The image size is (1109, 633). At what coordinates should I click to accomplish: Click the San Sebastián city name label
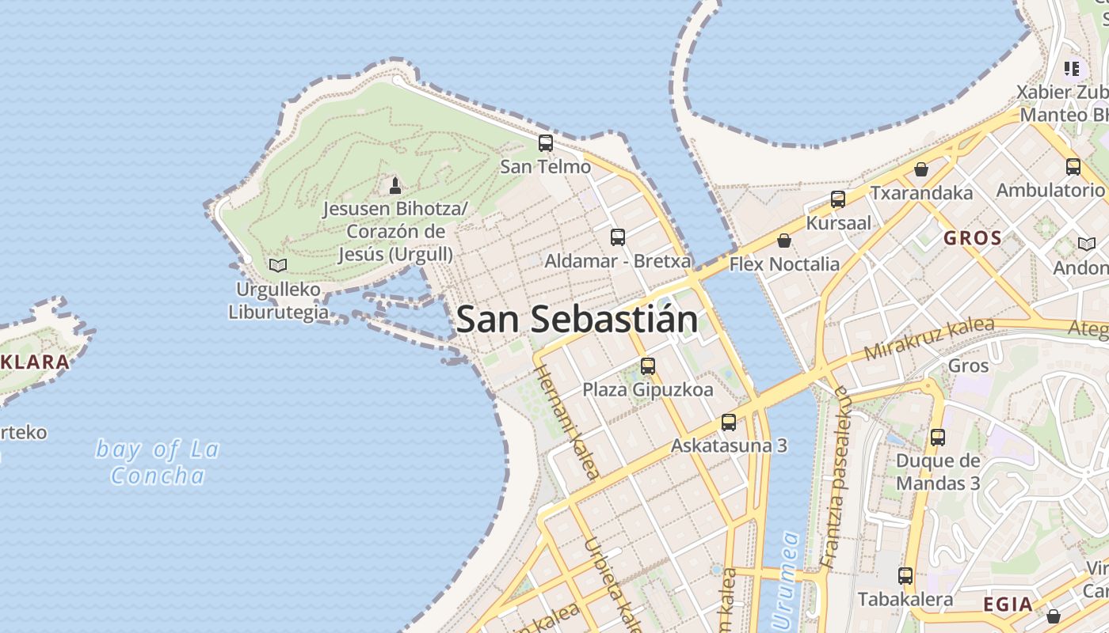(577, 320)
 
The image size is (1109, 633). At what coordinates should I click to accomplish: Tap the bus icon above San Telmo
(546, 143)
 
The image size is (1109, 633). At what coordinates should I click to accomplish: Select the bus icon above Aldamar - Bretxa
(618, 237)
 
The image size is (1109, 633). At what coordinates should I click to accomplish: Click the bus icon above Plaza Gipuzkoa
(648, 366)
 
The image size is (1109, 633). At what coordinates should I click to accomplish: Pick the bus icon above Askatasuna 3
(729, 423)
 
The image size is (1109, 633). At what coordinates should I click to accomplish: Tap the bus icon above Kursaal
(838, 199)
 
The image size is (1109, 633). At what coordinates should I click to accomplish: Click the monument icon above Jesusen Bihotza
(395, 186)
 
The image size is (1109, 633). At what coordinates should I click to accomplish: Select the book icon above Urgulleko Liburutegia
(278, 265)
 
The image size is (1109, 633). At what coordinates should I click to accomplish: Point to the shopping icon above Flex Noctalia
(784, 241)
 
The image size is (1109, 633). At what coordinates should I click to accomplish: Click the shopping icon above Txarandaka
(921, 169)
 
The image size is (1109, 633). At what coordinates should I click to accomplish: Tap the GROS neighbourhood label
(973, 237)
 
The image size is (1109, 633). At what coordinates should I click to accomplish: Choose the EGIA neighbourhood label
(1008, 605)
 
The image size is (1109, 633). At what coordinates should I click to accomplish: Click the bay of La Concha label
(158, 462)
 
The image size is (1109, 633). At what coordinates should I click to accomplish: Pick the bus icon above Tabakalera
(905, 576)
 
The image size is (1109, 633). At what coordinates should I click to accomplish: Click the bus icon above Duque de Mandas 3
(938, 437)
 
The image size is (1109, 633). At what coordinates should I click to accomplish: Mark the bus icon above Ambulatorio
(1073, 167)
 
